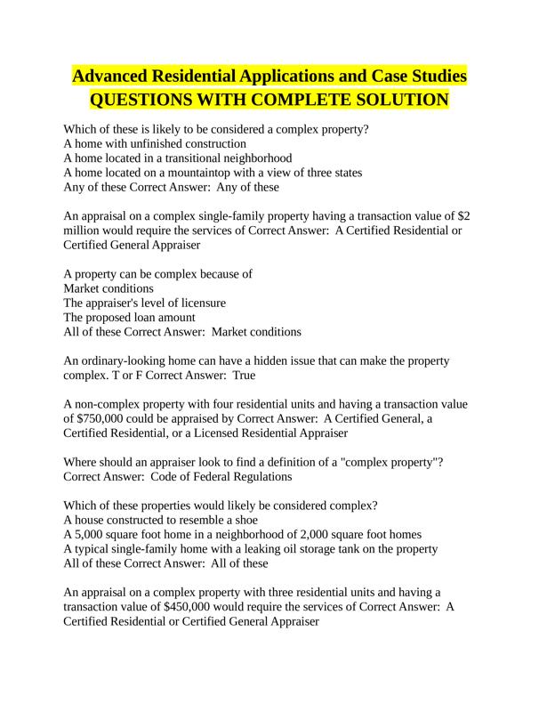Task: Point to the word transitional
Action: point(198,158)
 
